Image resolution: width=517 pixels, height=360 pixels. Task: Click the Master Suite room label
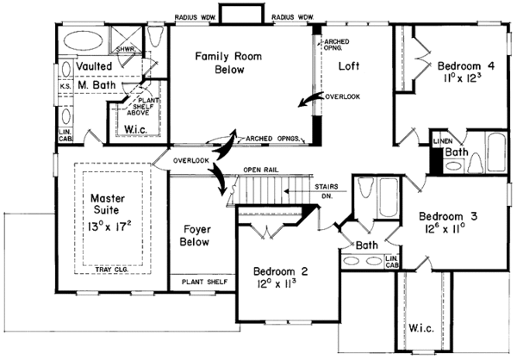[109, 205]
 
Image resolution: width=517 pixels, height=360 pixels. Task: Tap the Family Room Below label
[215, 63]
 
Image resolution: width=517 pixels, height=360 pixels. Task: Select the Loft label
[349, 65]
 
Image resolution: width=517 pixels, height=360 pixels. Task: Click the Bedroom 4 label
[466, 65]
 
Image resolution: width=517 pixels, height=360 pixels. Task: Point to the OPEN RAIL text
[263, 169]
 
